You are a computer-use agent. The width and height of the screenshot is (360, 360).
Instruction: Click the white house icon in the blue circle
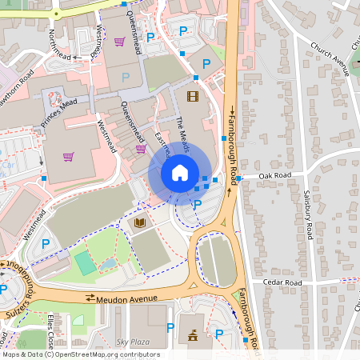coord(180,172)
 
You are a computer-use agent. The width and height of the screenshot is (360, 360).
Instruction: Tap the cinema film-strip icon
coord(192,97)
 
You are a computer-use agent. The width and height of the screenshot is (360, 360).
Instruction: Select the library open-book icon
coord(141,223)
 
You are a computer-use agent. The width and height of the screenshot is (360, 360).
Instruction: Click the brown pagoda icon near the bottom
coord(193,335)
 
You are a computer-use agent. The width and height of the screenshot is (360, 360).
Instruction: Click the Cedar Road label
coord(282,282)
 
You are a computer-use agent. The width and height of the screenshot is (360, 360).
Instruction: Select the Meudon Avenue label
coord(123,299)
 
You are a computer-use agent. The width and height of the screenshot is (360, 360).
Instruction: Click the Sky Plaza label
coord(133,341)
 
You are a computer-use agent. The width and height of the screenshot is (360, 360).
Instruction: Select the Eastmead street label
coord(162,146)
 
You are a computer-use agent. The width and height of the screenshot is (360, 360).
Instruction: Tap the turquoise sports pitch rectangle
coord(85,262)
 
